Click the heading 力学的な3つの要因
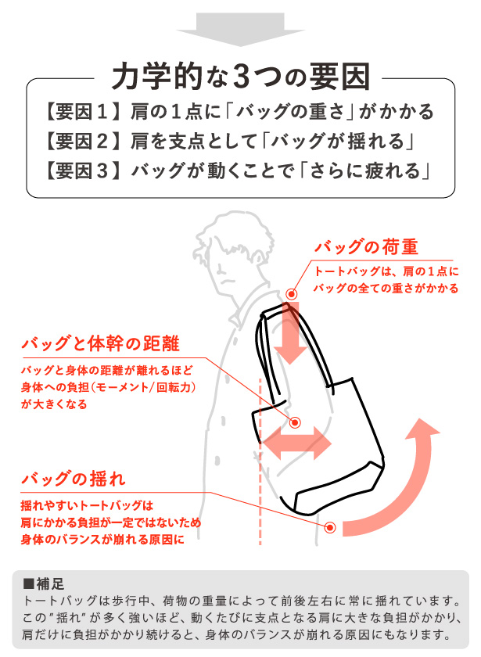click(x=240, y=77)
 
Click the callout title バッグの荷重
click(x=365, y=247)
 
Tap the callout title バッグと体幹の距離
click(x=99, y=343)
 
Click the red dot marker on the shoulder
click(x=292, y=295)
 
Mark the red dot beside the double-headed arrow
click(x=296, y=422)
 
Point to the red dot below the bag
click(x=330, y=528)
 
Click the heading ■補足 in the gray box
click(x=44, y=583)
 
